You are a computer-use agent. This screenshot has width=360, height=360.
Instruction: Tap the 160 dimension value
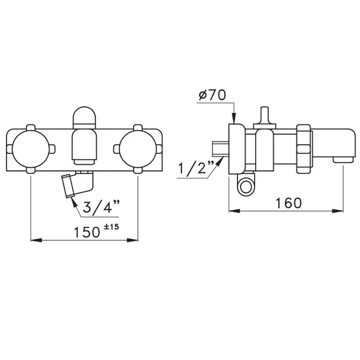point(289,203)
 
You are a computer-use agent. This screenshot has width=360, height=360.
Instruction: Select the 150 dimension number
point(87,232)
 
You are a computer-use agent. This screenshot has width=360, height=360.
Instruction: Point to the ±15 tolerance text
point(112,227)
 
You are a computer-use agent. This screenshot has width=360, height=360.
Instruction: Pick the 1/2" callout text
point(196,167)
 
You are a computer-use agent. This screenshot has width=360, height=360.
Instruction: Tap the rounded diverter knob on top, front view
point(84,118)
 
